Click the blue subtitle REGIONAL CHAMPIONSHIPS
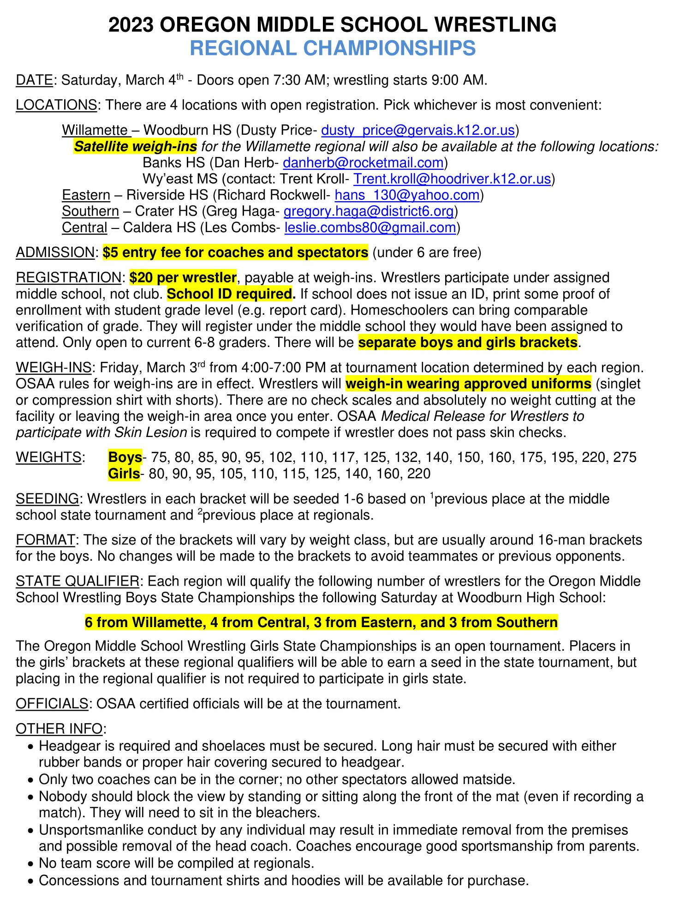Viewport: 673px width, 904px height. [333, 48]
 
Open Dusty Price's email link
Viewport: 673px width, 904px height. [417, 131]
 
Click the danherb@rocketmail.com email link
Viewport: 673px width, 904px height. [363, 163]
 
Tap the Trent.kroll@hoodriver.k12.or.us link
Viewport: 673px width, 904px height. [452, 179]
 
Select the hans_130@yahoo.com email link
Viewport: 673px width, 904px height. [407, 195]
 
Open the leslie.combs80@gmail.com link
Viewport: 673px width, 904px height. [370, 227]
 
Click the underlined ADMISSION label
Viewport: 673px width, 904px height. [55, 253]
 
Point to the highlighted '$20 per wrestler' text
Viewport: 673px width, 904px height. [183, 278]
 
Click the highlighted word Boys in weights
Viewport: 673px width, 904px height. [125, 457]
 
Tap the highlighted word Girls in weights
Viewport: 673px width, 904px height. [124, 474]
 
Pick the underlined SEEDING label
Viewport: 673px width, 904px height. [47, 499]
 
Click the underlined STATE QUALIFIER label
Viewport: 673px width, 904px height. [77, 581]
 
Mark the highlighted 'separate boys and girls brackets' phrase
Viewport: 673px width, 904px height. [468, 342]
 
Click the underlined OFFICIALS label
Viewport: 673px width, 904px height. [52, 704]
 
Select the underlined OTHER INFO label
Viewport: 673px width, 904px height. [59, 729]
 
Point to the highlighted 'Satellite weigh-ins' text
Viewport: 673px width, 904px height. [136, 147]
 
